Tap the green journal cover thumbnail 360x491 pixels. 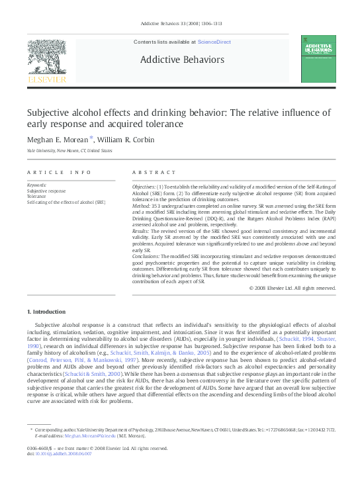318,59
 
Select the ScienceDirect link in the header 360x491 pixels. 214,42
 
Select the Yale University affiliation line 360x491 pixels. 69,151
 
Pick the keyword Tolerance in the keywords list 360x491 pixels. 36,197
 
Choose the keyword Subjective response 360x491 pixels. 46,191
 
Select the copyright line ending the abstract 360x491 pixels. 292,289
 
